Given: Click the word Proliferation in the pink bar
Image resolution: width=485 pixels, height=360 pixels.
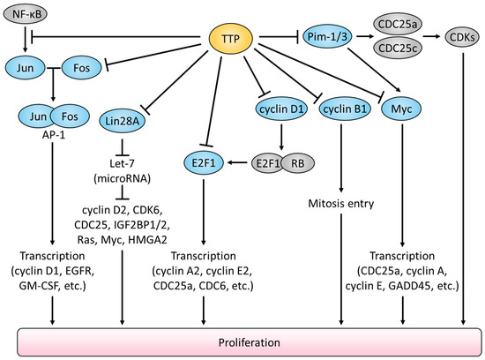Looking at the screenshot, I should [x=242, y=340].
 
